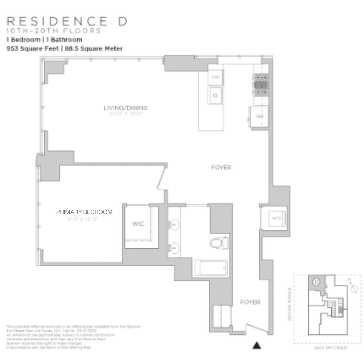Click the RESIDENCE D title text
click(67, 21)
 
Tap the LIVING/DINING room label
click(125, 108)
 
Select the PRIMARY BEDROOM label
click(84, 212)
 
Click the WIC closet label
click(138, 224)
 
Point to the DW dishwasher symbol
click(215, 77)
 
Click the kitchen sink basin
click(215, 95)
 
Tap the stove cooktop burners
click(261, 85)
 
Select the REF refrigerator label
click(259, 116)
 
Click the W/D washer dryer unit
click(276, 218)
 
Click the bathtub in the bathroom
click(211, 268)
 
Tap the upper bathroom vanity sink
click(174, 224)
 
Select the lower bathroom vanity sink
click(174, 248)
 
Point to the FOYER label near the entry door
click(250, 302)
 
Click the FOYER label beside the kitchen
click(221, 167)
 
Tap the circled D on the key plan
click(316, 282)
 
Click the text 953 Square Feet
click(33, 49)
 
